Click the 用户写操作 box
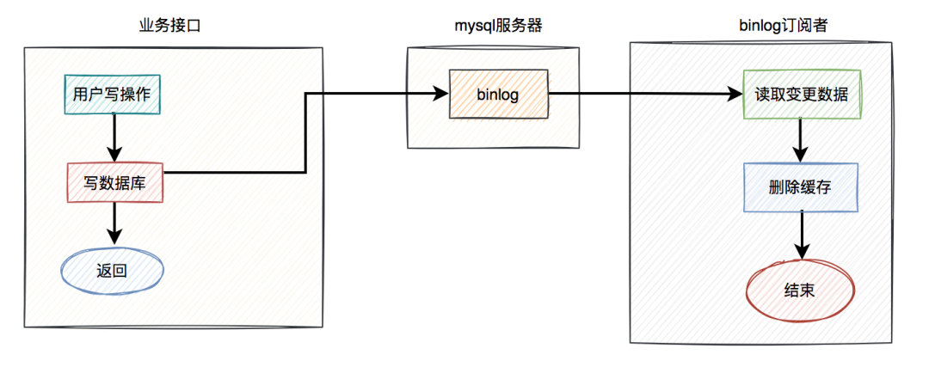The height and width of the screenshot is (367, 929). (113, 95)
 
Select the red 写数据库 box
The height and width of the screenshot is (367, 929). (114, 182)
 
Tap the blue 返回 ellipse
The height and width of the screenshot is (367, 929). (112, 271)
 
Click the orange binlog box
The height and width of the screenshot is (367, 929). (497, 95)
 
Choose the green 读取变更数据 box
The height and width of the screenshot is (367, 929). (801, 95)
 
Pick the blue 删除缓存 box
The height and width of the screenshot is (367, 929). (800, 187)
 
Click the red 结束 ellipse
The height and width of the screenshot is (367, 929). (800, 291)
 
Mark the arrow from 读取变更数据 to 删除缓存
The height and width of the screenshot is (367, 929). (801, 139)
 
